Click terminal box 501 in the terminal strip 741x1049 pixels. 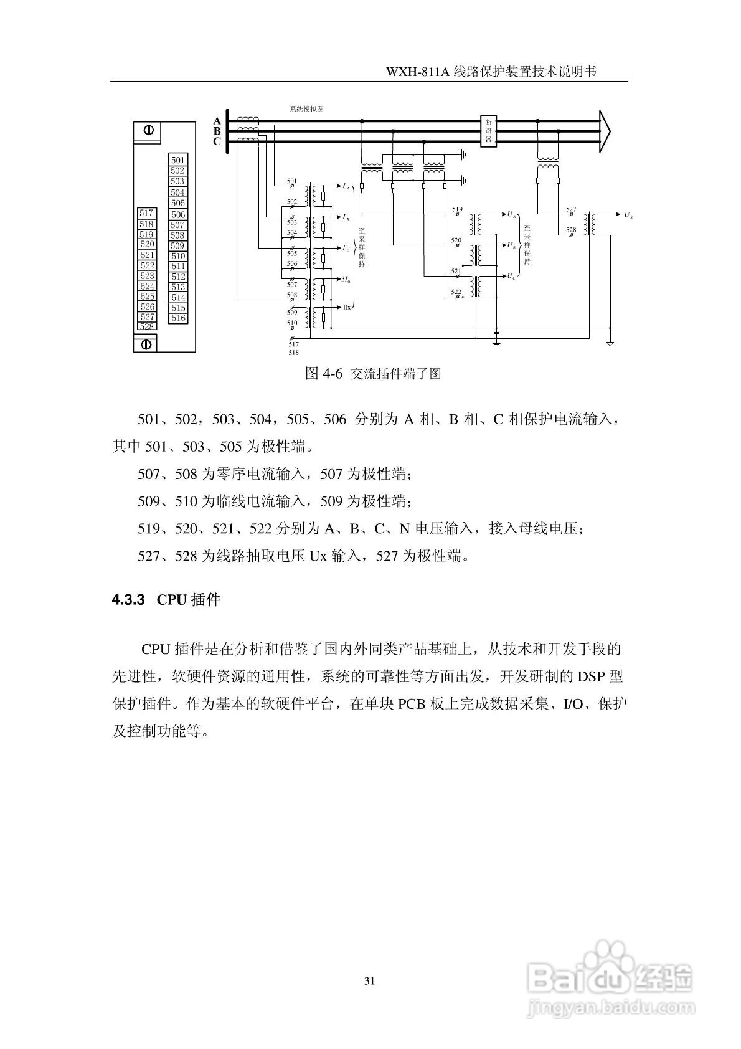click(x=178, y=160)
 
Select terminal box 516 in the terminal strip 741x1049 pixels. click(x=178, y=318)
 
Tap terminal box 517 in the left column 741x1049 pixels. click(x=147, y=213)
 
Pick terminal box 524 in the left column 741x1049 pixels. click(x=147, y=286)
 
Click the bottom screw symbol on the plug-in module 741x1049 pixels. click(x=146, y=344)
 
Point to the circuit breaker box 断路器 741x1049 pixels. click(x=488, y=131)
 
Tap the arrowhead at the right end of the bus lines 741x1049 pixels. click(x=605, y=131)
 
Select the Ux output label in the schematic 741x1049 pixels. click(x=629, y=214)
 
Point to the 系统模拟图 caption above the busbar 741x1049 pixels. click(x=307, y=109)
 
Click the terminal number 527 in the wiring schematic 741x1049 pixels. click(x=571, y=209)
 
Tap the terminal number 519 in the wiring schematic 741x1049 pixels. click(x=457, y=209)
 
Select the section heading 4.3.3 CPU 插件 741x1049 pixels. click(x=166, y=600)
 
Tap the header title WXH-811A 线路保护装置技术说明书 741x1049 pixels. click(x=491, y=72)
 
